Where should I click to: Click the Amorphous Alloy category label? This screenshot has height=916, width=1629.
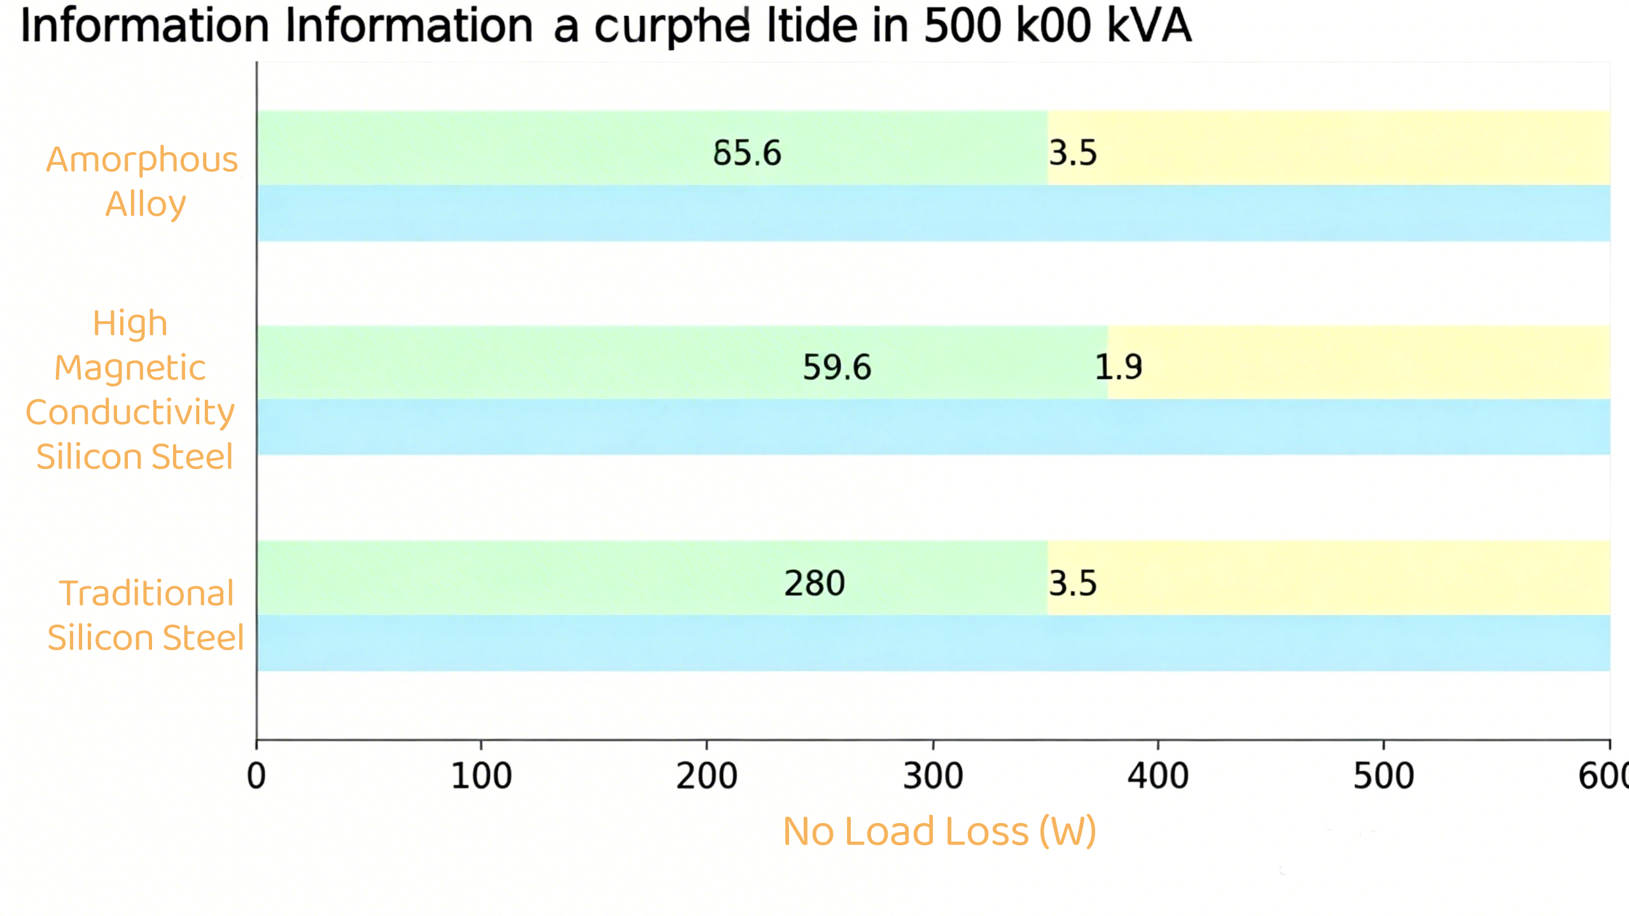click(x=143, y=181)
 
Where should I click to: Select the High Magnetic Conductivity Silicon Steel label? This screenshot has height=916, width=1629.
click(x=131, y=389)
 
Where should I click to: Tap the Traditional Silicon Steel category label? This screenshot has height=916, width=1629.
click(x=146, y=615)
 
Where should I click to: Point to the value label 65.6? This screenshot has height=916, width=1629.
click(x=746, y=153)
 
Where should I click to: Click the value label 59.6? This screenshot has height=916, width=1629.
click(x=837, y=368)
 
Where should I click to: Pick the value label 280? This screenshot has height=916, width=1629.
click(x=814, y=583)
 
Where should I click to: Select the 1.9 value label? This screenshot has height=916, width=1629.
click(x=1118, y=367)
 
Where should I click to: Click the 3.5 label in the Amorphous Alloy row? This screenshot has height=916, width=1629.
click(x=1073, y=153)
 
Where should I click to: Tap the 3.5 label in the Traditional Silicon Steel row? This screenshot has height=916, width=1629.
click(x=1073, y=583)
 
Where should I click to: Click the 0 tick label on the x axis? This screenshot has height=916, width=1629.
click(x=256, y=776)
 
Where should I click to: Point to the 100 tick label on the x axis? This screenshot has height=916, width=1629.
click(x=481, y=776)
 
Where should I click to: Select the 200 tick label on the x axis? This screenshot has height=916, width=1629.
click(x=706, y=776)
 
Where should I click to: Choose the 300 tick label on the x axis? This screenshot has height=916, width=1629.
click(x=933, y=776)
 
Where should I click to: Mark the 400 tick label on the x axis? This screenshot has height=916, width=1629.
click(x=1157, y=776)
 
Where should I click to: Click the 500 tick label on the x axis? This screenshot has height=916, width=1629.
click(x=1383, y=776)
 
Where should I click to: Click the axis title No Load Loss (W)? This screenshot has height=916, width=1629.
click(x=939, y=831)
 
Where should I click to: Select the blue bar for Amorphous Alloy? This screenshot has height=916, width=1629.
click(x=933, y=213)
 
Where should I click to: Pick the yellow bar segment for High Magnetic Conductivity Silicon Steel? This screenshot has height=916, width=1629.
click(x=1359, y=362)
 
